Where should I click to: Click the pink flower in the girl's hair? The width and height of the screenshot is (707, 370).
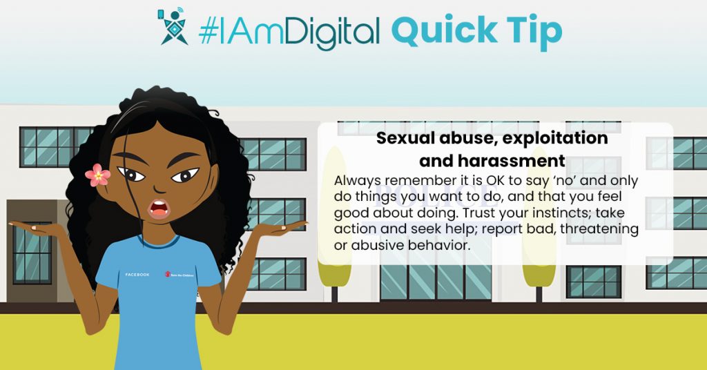click(97, 175)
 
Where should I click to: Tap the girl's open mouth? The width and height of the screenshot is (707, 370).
click(159, 208)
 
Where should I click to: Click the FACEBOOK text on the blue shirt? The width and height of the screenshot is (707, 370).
click(137, 275)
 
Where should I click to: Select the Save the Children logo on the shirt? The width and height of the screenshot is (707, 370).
click(179, 274)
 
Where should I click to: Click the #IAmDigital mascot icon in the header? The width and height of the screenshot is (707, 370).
click(173, 26)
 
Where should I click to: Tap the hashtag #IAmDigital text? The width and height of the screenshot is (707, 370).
click(289, 32)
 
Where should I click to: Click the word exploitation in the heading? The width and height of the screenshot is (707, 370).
click(555, 138)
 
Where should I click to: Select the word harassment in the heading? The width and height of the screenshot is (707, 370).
click(492, 160)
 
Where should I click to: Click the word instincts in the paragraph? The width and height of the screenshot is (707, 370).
click(556, 213)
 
